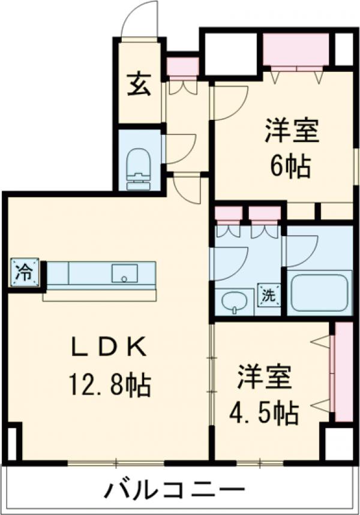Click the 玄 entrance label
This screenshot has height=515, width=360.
(138, 84)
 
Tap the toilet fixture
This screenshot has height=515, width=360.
(138, 163)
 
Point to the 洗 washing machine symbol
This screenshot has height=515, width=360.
(269, 295)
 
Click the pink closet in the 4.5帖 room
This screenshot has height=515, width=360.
(344, 372)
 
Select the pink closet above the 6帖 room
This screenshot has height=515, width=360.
(296, 50)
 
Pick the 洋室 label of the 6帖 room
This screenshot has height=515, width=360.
(292, 131)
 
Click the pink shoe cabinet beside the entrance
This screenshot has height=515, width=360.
(182, 67)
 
